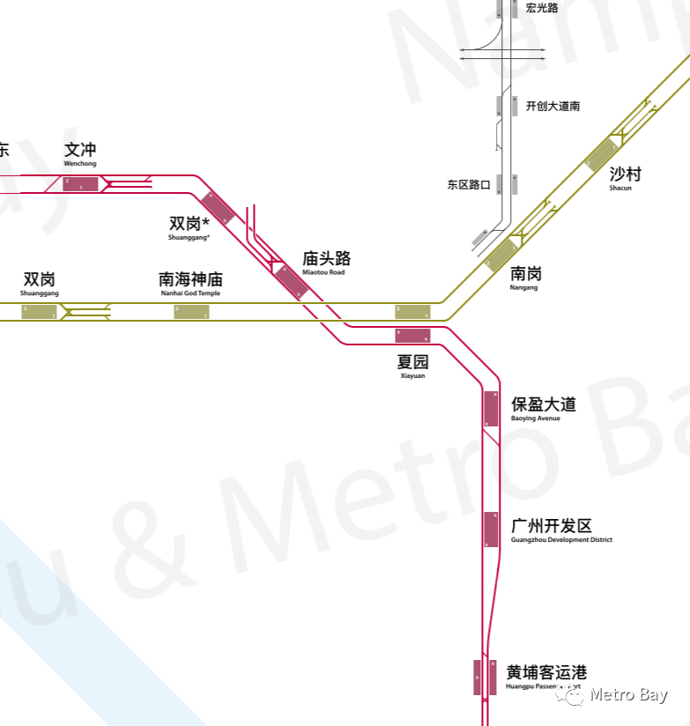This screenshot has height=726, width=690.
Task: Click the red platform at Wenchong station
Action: (x=80, y=183)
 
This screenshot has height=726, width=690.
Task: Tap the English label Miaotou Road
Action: (x=323, y=272)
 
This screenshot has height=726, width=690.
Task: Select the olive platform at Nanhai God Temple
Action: (x=191, y=311)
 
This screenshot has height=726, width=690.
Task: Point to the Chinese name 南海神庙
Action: (x=190, y=279)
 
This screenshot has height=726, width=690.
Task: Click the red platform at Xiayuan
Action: (x=412, y=335)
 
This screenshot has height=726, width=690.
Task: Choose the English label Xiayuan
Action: (x=412, y=375)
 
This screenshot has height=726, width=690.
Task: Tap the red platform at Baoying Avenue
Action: (x=491, y=409)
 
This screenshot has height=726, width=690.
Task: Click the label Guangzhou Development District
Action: (x=561, y=540)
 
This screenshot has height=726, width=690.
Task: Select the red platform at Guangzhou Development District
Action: (x=491, y=529)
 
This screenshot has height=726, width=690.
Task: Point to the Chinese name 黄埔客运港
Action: (x=546, y=672)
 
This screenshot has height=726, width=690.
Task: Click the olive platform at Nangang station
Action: (x=501, y=255)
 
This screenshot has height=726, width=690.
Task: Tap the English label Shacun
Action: (x=620, y=188)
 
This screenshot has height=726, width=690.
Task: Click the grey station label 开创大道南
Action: (x=553, y=106)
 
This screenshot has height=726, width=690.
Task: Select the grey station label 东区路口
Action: (x=468, y=185)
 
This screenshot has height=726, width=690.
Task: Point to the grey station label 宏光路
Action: (x=542, y=8)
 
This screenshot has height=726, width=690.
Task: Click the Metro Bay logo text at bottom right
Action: (x=628, y=695)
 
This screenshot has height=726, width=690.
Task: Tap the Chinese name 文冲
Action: (x=80, y=150)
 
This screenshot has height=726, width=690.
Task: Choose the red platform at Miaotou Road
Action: (x=289, y=281)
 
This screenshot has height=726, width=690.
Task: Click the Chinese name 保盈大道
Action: (x=544, y=404)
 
